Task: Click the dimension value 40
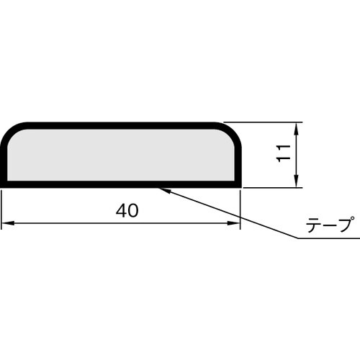point(127,210)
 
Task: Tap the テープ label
point(329,225)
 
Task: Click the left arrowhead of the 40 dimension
point(6,224)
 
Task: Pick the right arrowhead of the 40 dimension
point(235,224)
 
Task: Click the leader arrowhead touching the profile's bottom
point(163,189)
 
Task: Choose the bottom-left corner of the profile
point(4,184)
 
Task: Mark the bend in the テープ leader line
point(294,237)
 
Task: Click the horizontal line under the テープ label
point(324,237)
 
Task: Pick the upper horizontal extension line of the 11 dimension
point(266,122)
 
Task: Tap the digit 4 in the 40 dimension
point(121,210)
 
